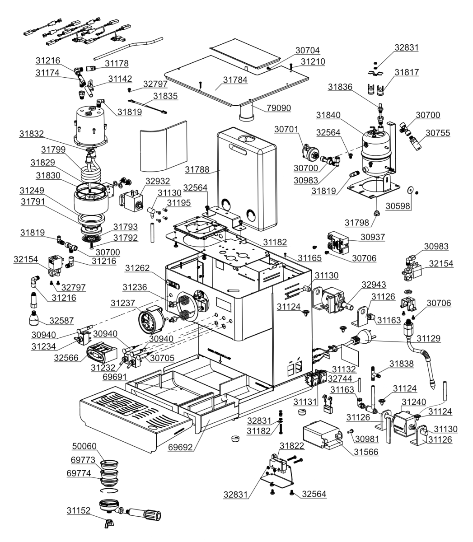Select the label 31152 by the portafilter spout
80,511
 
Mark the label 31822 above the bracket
291,446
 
